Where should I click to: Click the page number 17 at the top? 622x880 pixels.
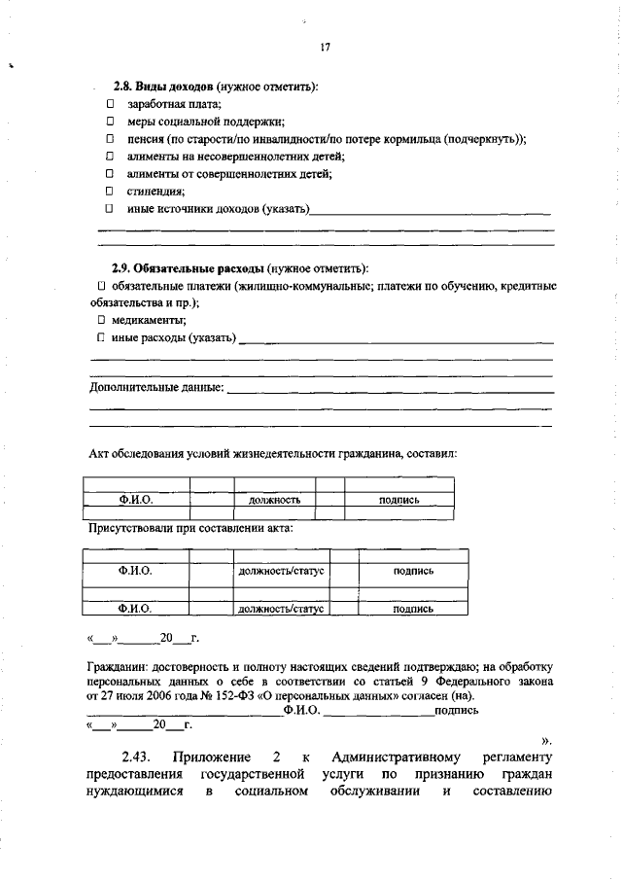326,48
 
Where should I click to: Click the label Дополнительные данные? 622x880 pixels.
156,387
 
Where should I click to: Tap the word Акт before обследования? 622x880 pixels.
100,454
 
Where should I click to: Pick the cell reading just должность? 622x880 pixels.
273,500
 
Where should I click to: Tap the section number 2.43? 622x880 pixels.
139,757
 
